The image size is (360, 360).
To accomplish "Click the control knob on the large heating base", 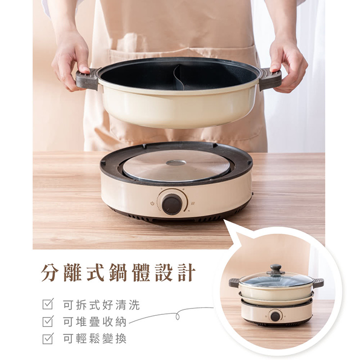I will [x=172, y=203].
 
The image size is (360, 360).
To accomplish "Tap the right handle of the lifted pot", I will [x=270, y=79].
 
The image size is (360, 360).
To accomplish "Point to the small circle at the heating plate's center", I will [x=176, y=163].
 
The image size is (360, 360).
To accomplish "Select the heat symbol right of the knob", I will [x=192, y=203].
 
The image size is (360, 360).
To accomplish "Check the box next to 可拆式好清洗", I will [x=48, y=305].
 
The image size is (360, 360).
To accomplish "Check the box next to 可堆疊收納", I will [x=48, y=322].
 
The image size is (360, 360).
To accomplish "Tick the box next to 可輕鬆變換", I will [x=48, y=338].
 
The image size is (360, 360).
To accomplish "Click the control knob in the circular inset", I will [x=276, y=315].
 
